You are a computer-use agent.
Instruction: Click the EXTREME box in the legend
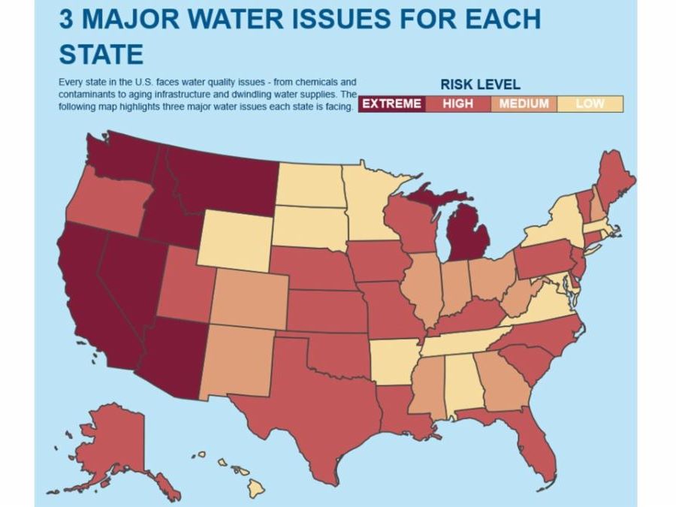(391, 104)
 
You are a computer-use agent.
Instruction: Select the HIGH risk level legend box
(457, 104)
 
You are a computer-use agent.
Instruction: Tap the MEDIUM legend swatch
(524, 104)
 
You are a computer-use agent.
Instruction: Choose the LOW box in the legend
(590, 104)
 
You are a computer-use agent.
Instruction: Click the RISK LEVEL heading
(480, 85)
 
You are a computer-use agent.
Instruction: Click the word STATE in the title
(101, 54)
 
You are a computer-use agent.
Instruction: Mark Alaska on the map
(120, 443)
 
